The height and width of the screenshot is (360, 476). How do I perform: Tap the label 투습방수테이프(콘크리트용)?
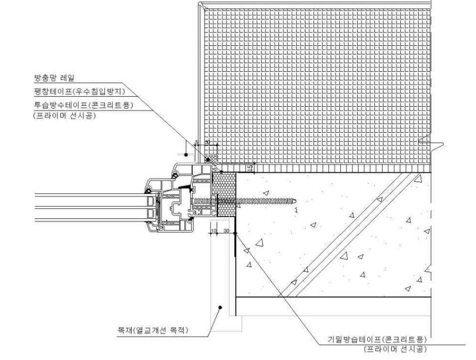click(79, 105)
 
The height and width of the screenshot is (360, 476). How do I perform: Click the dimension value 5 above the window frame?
click(197, 143)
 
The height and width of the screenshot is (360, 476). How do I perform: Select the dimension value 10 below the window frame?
click(214, 231)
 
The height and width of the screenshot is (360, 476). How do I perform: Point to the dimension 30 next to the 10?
click(226, 231)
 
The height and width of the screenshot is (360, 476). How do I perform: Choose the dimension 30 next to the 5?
click(208, 143)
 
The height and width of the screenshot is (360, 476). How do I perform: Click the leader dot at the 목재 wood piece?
click(219, 308)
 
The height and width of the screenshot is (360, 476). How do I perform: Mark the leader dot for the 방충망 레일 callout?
click(186, 155)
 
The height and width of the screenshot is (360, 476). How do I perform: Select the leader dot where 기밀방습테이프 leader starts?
click(235, 232)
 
